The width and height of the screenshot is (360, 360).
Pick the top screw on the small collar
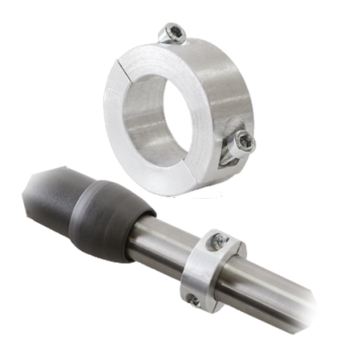pyautogui.click(x=218, y=238)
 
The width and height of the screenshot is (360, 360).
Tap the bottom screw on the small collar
pyautogui.click(x=194, y=301)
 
